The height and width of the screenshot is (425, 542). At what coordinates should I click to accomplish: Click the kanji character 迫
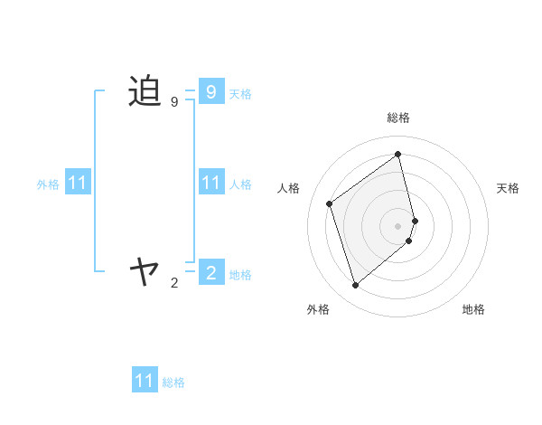point(145,91)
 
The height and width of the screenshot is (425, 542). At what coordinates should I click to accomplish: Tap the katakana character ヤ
point(145,269)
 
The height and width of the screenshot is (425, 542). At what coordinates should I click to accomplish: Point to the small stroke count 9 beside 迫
point(174,102)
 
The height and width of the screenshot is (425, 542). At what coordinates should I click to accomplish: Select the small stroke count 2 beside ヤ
point(174,283)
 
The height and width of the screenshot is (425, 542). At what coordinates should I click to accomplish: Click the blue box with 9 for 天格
point(210,91)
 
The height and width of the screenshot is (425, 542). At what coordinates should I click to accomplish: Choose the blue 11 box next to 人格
point(210,183)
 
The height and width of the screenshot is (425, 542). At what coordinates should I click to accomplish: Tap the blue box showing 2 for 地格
point(210,272)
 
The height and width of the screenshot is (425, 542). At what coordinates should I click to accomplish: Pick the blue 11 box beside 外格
point(78,183)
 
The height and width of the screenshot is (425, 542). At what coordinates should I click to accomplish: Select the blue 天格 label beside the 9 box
point(240,94)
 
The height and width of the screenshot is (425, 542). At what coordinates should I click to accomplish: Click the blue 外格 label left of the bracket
point(48,184)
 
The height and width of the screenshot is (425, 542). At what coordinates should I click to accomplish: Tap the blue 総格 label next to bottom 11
point(173,382)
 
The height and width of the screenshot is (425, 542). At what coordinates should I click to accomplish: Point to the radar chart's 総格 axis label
point(398,118)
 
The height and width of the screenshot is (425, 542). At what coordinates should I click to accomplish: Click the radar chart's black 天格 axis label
point(508,188)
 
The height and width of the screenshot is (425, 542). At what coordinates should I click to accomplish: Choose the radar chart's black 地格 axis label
point(473,309)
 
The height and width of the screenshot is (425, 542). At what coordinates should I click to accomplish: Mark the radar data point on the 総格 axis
point(398,154)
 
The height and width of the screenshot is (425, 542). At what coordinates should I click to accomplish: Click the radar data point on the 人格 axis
point(330,203)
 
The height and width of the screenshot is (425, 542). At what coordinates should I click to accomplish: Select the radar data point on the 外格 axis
point(356,286)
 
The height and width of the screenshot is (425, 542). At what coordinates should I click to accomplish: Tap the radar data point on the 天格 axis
point(415,220)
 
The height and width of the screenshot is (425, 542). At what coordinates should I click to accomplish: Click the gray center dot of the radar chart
point(398,225)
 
